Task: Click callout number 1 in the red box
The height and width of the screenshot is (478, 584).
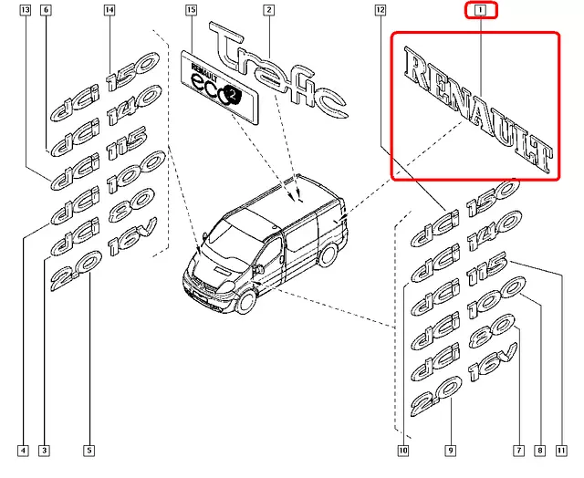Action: [x=481, y=10]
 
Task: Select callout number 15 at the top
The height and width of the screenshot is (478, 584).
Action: [x=191, y=10]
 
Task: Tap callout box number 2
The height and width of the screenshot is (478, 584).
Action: [x=268, y=10]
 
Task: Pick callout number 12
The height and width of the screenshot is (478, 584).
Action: [x=380, y=10]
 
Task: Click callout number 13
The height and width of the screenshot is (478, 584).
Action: [x=25, y=10]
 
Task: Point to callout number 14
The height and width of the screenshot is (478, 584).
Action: [x=109, y=10]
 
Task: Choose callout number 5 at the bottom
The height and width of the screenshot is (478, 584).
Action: [x=89, y=451]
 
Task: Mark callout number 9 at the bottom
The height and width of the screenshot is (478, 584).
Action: [x=450, y=451]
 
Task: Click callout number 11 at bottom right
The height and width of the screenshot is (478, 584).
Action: [x=561, y=451]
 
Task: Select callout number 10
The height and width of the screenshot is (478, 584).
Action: [x=403, y=451]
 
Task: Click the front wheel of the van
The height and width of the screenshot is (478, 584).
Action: [x=246, y=301]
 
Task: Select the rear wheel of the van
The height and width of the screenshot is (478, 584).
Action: [x=328, y=255]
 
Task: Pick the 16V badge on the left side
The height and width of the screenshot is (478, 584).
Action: [x=132, y=236]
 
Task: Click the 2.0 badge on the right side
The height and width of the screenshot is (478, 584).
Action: [x=436, y=395]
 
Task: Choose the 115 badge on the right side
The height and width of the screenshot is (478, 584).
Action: [x=487, y=269]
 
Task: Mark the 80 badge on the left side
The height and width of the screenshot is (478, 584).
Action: [x=131, y=205]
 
